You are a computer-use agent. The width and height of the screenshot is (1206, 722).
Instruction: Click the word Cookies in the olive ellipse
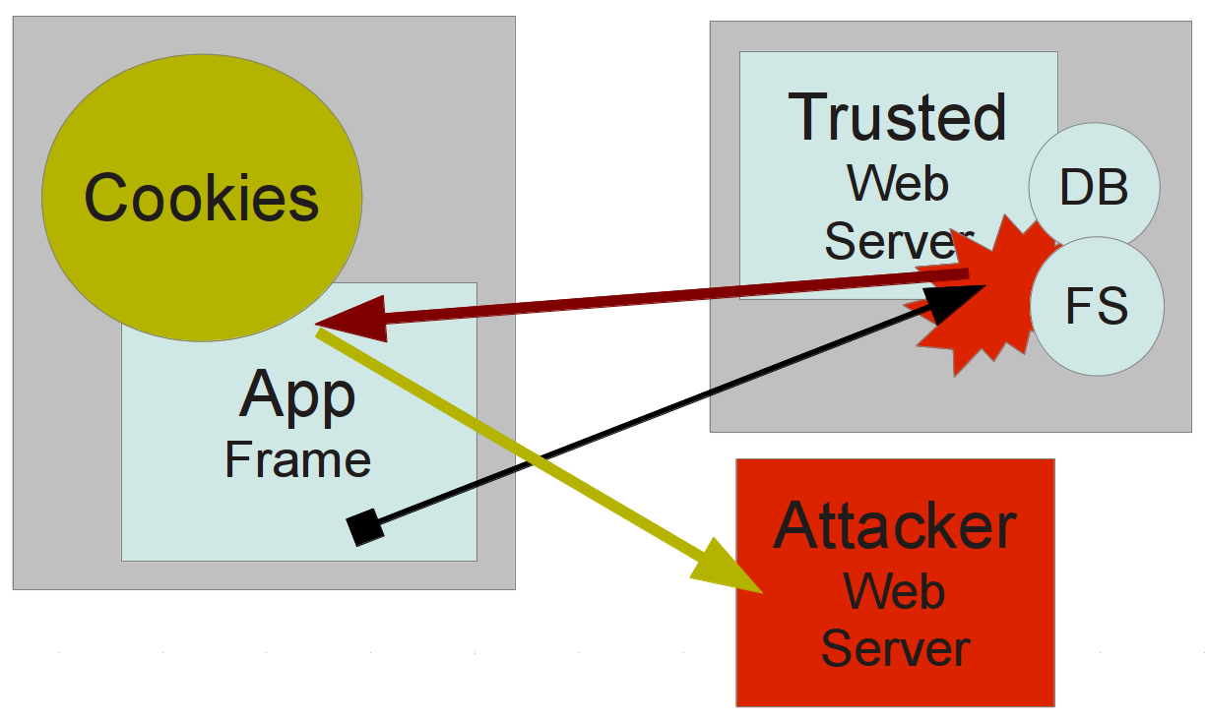pyautogui.click(x=202, y=197)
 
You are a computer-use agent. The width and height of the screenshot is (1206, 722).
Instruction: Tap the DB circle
pyautogui.click(x=1094, y=186)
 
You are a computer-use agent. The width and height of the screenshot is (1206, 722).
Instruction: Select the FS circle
pyautogui.click(x=1097, y=307)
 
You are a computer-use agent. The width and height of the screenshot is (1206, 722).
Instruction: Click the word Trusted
pyautogui.click(x=898, y=117)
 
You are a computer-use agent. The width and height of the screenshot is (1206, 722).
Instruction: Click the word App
pyautogui.click(x=297, y=395)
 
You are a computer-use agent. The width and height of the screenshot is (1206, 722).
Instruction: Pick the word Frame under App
pyautogui.click(x=297, y=459)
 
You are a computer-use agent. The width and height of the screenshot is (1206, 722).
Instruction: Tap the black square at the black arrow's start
pyautogui.click(x=365, y=528)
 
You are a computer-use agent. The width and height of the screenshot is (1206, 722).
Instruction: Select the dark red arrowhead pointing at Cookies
pyautogui.click(x=349, y=323)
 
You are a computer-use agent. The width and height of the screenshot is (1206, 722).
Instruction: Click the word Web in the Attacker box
pyautogui.click(x=894, y=592)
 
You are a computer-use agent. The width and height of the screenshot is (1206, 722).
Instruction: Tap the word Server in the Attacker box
pyautogui.click(x=894, y=649)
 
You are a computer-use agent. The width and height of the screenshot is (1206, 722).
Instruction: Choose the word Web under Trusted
pyautogui.click(x=898, y=184)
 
